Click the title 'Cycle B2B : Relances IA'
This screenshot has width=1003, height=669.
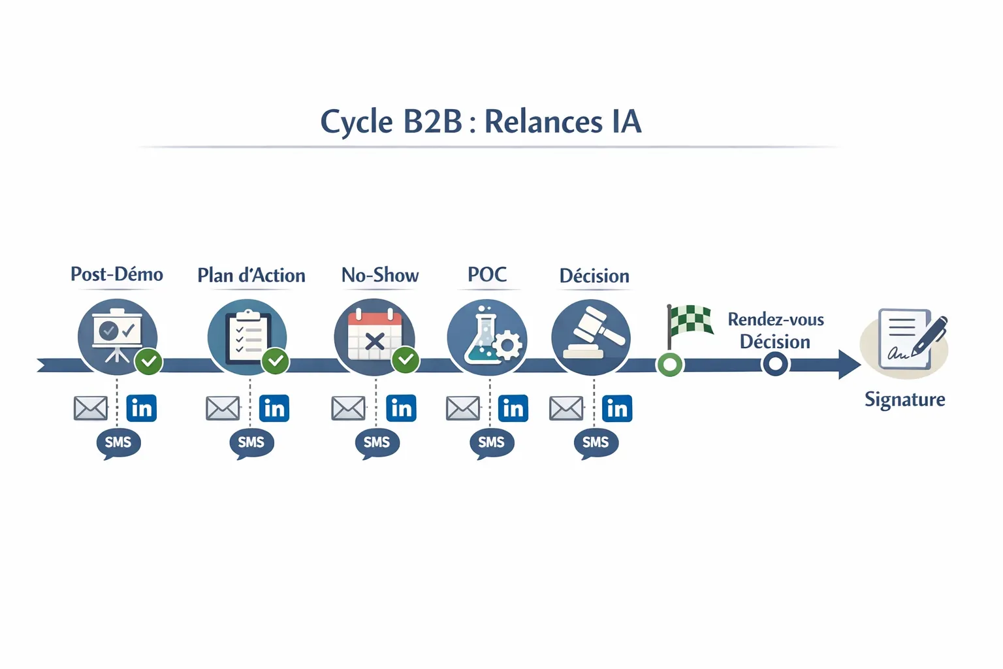481,122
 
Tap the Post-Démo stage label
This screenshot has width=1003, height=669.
117,274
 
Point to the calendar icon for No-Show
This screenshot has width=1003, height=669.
374,336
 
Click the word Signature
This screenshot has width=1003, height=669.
904,399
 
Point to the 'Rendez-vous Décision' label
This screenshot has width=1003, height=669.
775,331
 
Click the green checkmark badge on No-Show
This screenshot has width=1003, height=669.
406,359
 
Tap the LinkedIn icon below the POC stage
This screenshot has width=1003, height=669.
513,408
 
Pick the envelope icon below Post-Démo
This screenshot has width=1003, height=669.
91,408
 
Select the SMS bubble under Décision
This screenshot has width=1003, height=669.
596,443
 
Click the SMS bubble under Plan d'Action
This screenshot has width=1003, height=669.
251,443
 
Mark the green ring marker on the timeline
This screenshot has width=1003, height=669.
669,364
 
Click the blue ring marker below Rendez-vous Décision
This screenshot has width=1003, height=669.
775,364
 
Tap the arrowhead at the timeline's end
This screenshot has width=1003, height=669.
849,364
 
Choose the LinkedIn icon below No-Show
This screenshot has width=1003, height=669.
401,408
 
